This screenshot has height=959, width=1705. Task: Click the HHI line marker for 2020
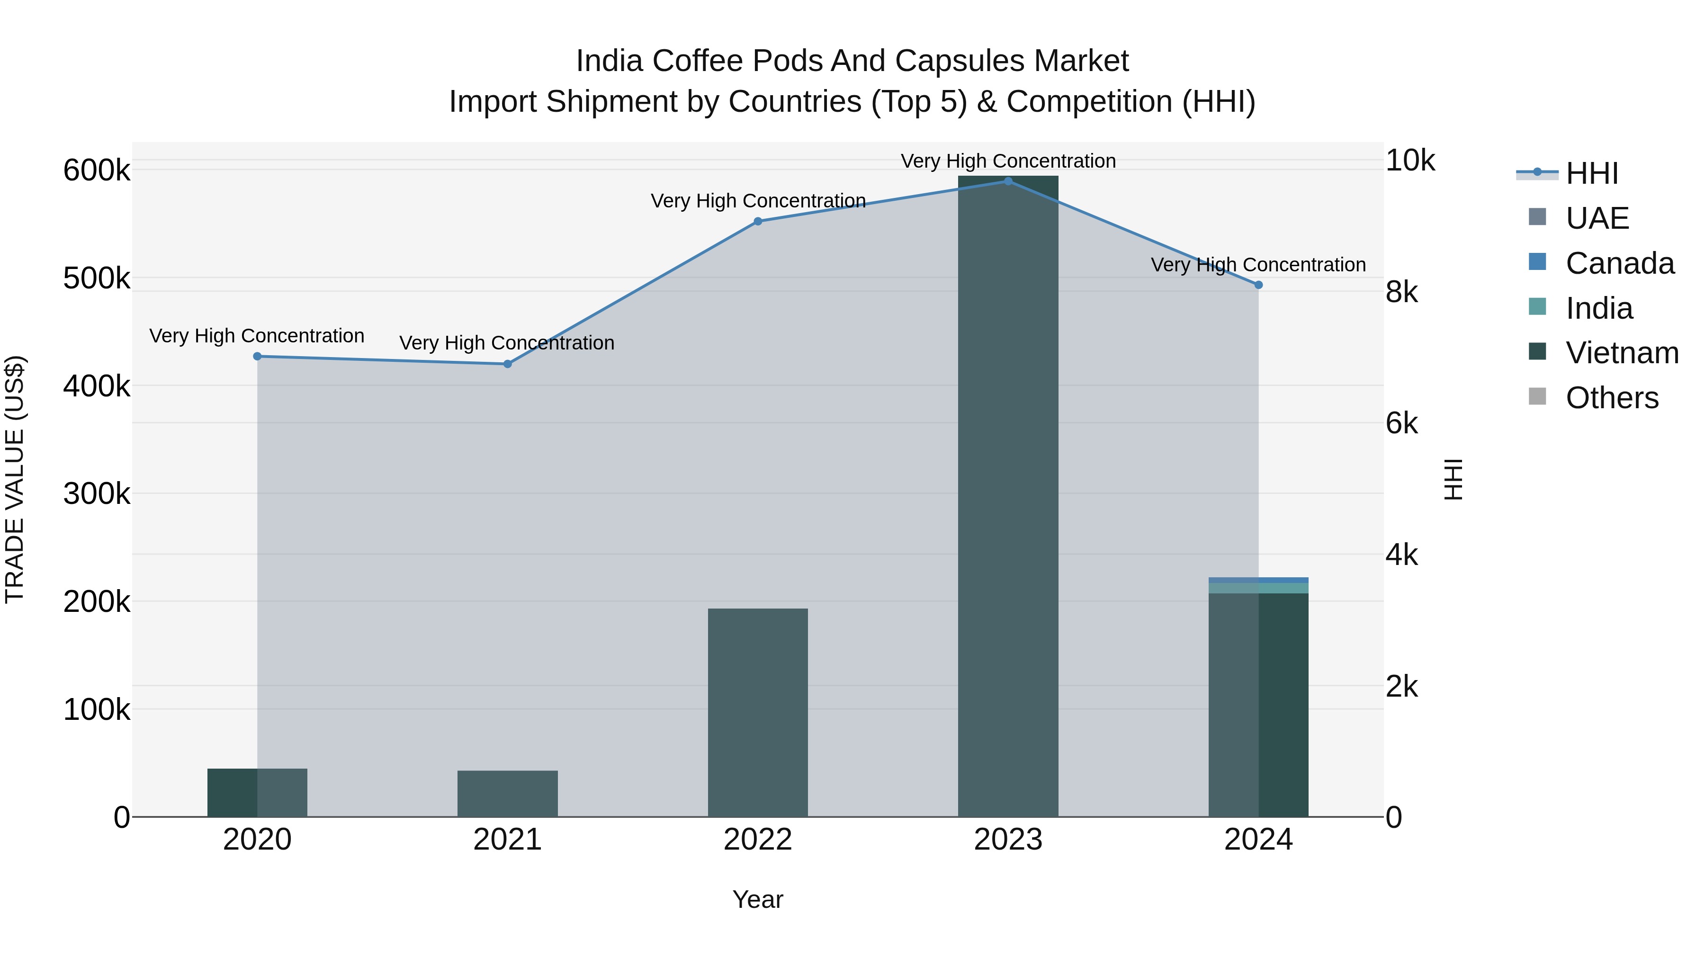pos(258,356)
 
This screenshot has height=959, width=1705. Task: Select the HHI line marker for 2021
pos(508,364)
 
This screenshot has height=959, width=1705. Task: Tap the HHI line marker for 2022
pos(758,221)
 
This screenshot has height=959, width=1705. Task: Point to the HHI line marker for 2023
pos(1008,181)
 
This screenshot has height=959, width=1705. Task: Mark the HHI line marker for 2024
pos(1258,285)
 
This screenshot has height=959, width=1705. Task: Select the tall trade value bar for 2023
pos(1008,496)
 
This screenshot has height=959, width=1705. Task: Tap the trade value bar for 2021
pos(508,794)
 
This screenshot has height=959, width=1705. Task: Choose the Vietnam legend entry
pos(1622,353)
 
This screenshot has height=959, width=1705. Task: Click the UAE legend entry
pos(1597,218)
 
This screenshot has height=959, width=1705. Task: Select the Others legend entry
pos(1612,398)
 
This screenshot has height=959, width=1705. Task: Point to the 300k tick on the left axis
pos(97,494)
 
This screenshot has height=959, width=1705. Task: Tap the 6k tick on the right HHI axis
pos(1402,423)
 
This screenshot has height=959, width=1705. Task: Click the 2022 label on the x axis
pos(758,840)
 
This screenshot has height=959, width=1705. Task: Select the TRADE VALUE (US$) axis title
pos(15,479)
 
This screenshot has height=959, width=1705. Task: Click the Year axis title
pos(758,899)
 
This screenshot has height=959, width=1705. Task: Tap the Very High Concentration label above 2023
pos(1008,161)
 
